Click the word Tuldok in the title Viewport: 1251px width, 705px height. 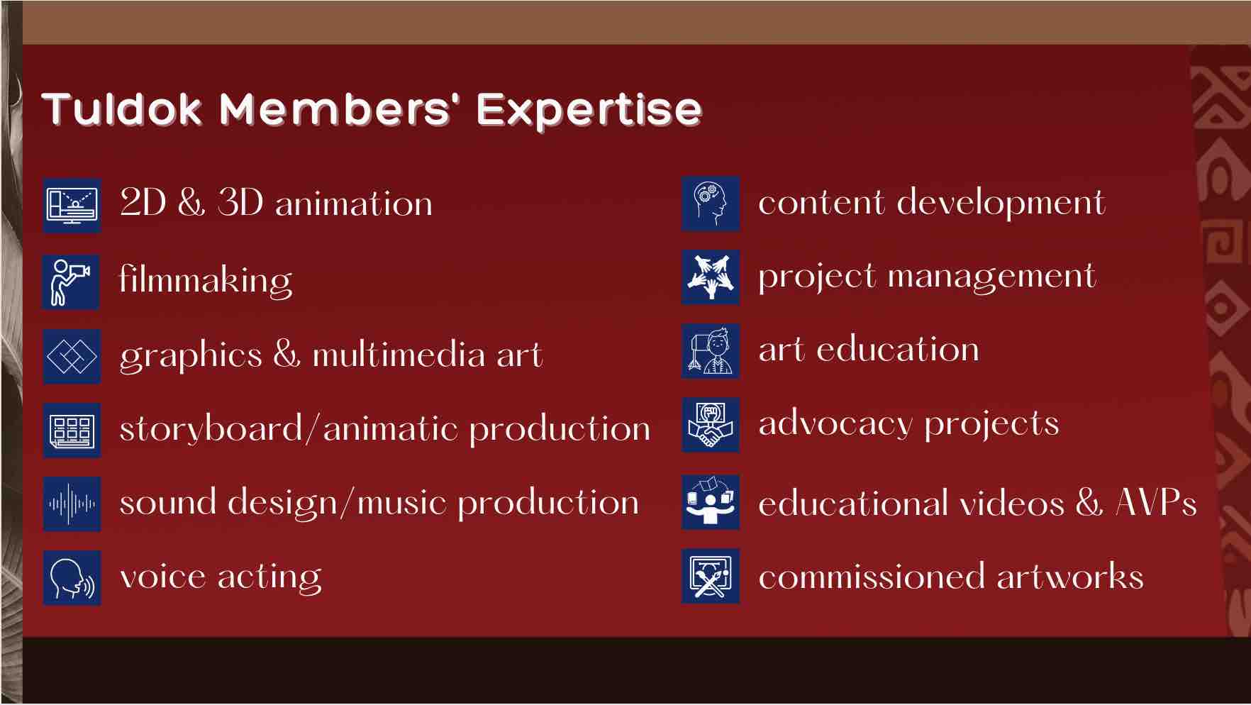point(121,109)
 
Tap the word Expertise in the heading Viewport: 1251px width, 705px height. point(589,111)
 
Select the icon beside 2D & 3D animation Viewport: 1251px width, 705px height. point(72,205)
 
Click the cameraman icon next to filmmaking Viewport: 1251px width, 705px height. point(71,282)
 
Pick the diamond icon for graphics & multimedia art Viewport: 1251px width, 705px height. point(72,356)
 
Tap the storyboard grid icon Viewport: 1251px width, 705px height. point(72,431)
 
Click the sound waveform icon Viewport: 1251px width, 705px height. point(72,504)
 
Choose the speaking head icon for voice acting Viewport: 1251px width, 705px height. point(72,578)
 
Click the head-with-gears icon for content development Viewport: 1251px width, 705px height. point(711,204)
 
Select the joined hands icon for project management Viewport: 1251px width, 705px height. point(711,277)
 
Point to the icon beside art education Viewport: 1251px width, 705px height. point(711,351)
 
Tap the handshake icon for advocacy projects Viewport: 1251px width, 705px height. point(711,425)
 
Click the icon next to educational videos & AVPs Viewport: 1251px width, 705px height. point(711,502)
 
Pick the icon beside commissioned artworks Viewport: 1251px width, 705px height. point(711,576)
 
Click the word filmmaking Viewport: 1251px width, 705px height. point(206,279)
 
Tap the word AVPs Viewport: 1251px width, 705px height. point(1157,502)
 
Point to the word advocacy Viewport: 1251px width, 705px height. point(835,424)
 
